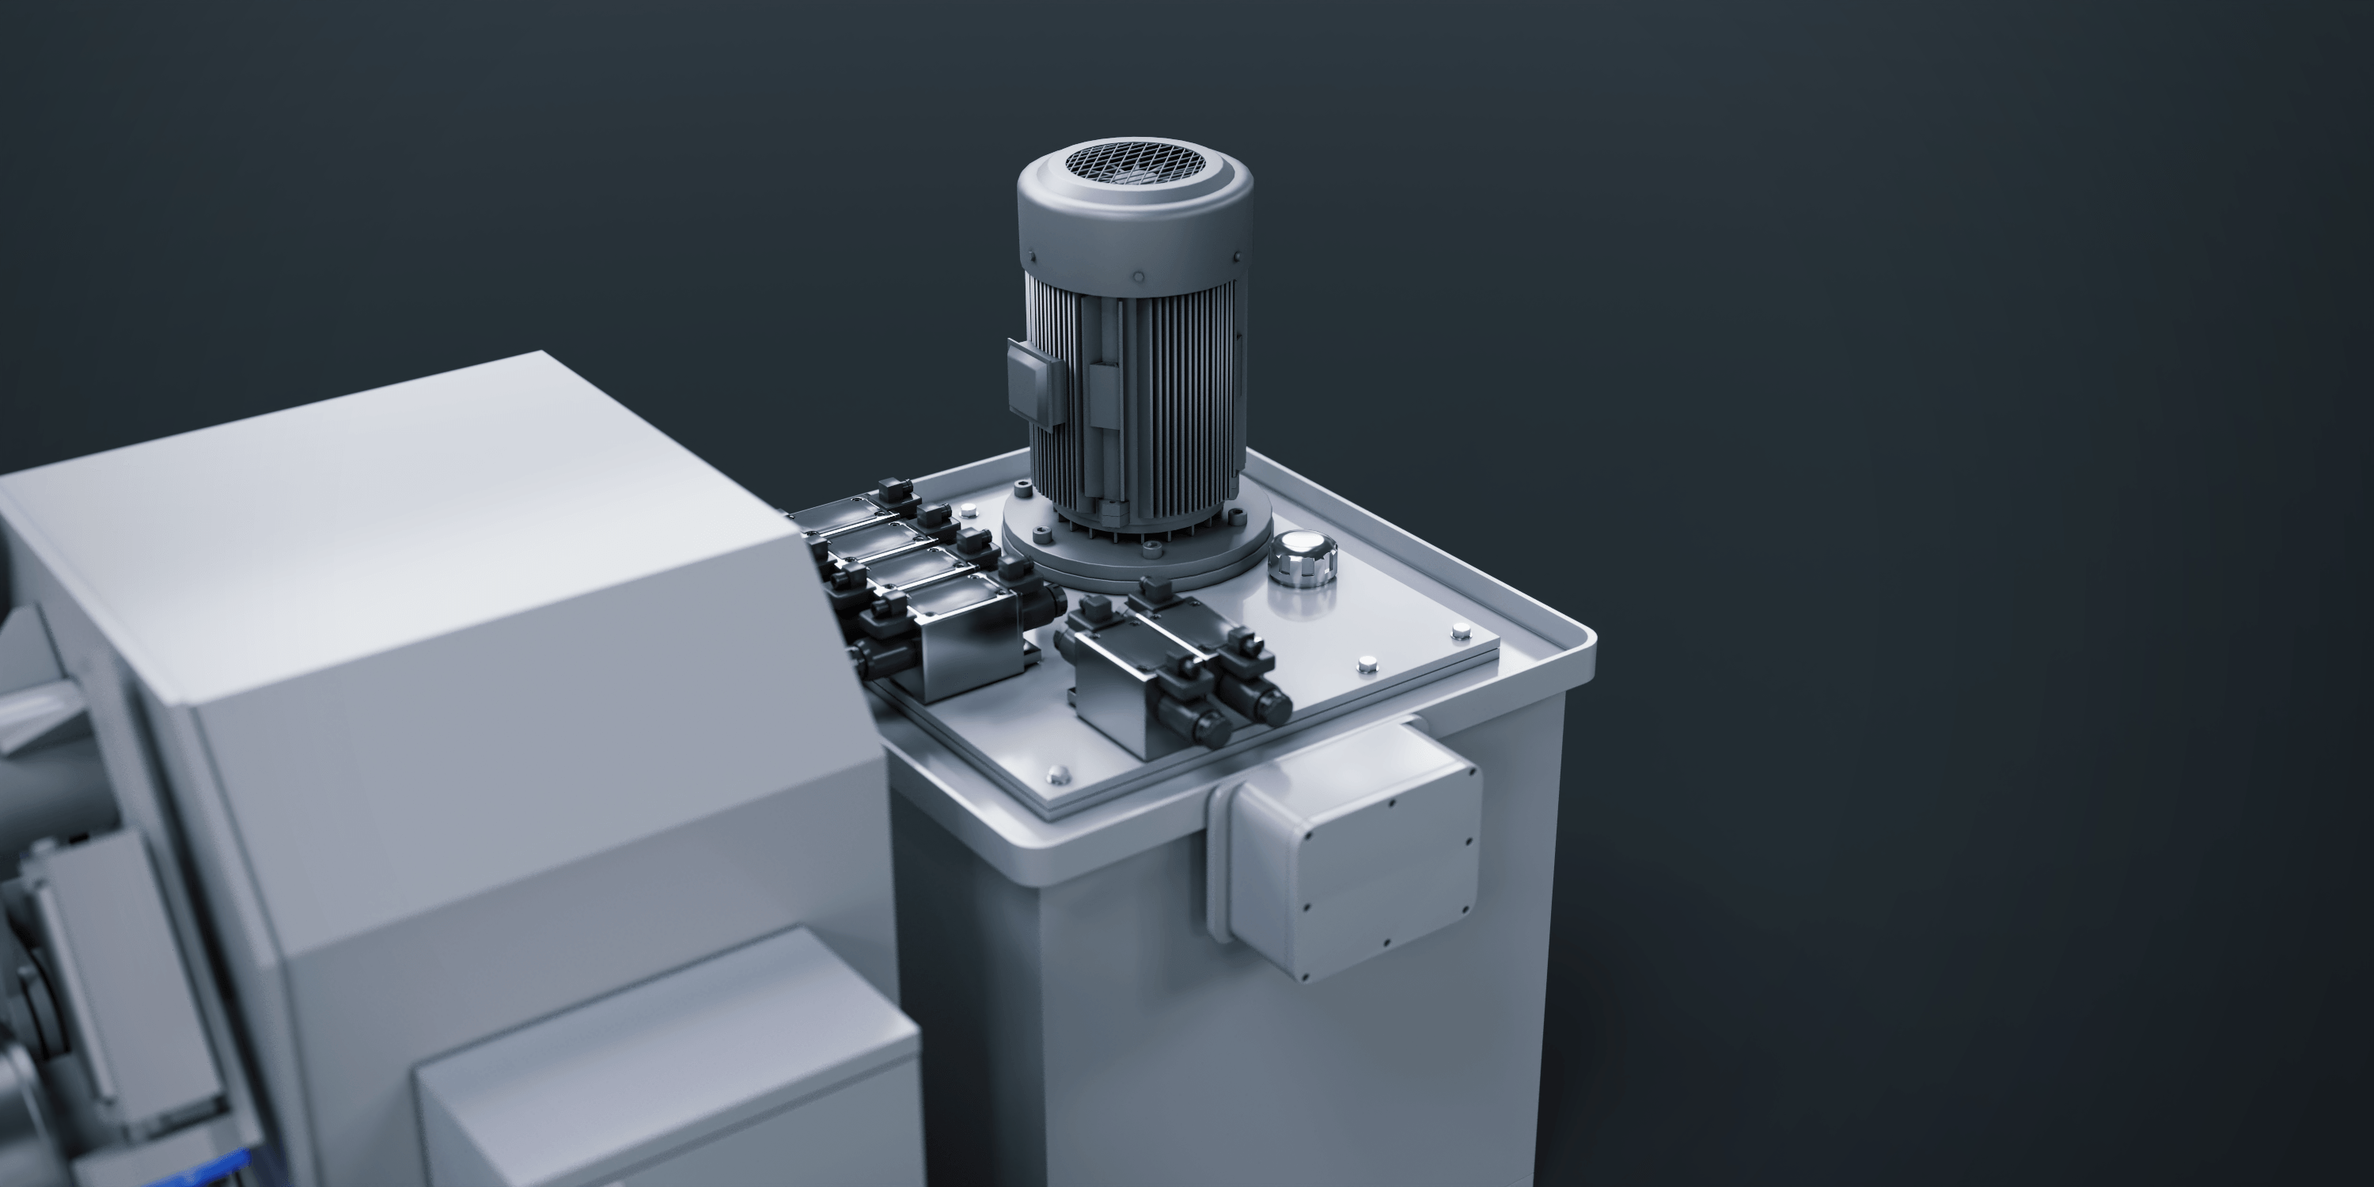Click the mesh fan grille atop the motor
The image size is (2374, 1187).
[1136, 163]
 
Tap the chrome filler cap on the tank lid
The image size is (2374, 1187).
[1301, 556]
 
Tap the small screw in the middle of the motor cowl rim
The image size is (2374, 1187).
[1138, 276]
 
